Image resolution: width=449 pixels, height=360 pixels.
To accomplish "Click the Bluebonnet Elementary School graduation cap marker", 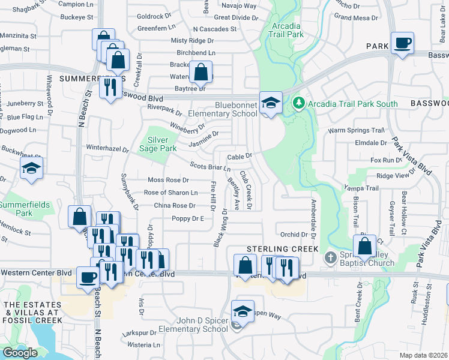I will tap(271, 103).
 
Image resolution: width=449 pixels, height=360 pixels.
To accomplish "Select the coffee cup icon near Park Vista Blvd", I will tap(402, 43).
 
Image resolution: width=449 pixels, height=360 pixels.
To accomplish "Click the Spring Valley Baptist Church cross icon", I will tap(330, 258).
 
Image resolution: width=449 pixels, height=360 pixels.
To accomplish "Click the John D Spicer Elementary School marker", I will tap(242, 312).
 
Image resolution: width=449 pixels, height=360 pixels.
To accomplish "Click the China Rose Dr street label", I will tap(175, 205).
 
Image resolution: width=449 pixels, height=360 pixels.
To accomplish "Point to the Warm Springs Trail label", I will tap(355, 130).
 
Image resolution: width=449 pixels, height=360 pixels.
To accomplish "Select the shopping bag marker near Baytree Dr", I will tap(200, 73).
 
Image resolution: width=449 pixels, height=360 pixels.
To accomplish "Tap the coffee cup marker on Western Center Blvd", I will tap(88, 278).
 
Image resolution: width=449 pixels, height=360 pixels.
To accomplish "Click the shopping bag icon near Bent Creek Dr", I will tap(364, 246).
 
